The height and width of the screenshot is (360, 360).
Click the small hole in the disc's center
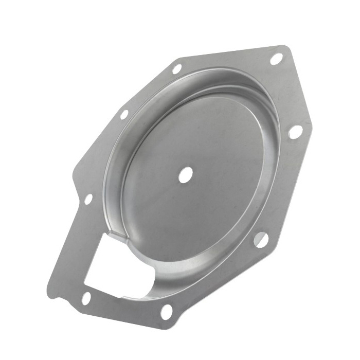[186, 174]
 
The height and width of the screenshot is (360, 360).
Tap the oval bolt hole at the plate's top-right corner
[276, 59]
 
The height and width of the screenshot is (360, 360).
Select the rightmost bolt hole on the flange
[295, 132]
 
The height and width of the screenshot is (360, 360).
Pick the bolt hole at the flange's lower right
[260, 239]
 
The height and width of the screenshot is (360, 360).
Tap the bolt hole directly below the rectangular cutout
[86, 298]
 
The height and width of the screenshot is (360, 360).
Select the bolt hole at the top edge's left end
[176, 68]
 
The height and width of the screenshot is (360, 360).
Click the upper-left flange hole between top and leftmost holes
[124, 114]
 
